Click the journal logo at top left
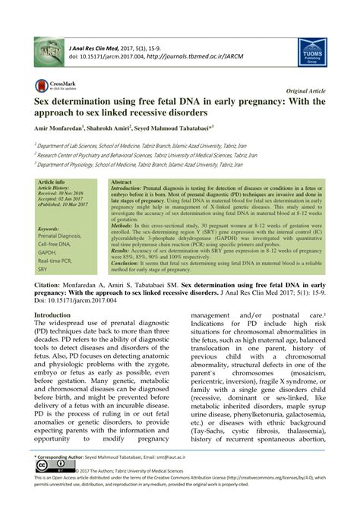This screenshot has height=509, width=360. coord(48,52)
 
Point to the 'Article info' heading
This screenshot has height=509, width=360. coord(51,183)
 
